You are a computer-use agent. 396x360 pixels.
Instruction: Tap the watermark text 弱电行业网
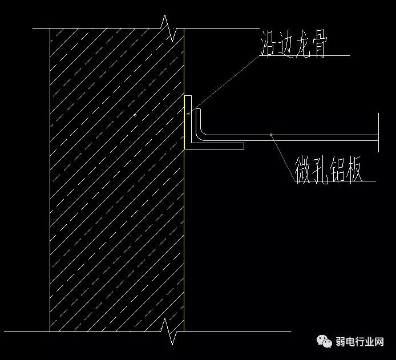[359, 342]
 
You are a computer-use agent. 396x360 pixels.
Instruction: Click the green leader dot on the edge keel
[188, 114]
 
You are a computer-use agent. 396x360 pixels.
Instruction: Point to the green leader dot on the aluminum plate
[271, 135]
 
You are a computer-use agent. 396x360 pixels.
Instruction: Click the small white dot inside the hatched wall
[135, 115]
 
